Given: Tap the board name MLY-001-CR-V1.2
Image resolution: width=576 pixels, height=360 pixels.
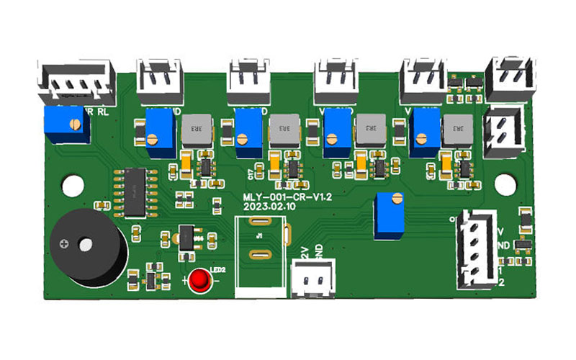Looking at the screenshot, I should tap(274, 196).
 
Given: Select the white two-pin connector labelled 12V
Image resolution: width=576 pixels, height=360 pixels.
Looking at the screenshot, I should tap(312, 277).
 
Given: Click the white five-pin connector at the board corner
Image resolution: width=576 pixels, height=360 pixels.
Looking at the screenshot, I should tap(77, 83).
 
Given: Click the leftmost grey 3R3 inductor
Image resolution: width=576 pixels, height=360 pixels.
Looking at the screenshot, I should tap(194, 131).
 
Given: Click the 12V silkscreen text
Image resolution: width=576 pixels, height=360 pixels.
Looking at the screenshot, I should tap(303, 251).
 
